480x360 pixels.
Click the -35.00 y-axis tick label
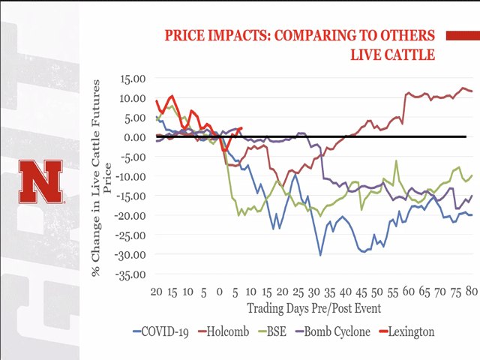point(129,274)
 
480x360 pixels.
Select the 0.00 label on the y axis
point(133,136)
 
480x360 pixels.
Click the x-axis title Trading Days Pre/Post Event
point(313,308)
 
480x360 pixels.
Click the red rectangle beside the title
point(462,34)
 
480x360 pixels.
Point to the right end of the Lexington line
point(241,128)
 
